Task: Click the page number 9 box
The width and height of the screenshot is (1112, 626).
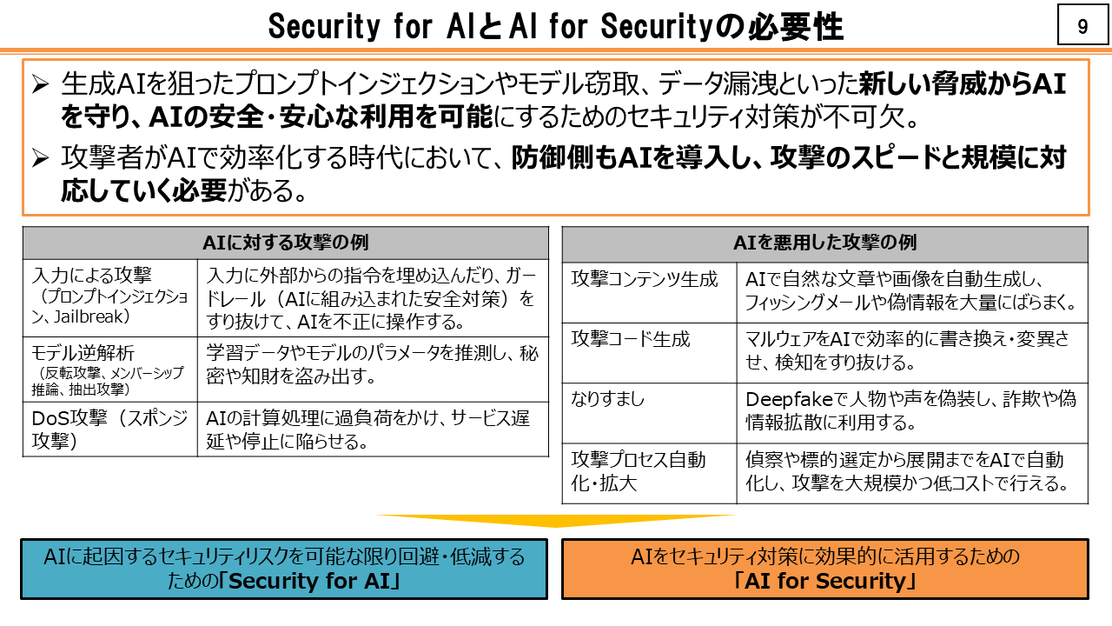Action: (1082, 27)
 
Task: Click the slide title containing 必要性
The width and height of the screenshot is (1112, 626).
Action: (555, 27)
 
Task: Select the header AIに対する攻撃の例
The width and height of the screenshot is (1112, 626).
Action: (285, 243)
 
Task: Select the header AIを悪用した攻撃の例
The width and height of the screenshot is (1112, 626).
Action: (824, 243)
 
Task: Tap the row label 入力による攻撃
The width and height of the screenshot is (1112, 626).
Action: (91, 276)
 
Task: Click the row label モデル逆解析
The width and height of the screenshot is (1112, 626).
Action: (83, 354)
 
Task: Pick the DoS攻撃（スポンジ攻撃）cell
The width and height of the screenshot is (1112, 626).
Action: (109, 429)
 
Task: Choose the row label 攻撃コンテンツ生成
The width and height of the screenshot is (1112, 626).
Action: (645, 280)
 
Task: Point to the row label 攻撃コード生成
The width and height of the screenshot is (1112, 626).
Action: (631, 339)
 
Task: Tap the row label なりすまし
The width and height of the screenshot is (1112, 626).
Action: (608, 400)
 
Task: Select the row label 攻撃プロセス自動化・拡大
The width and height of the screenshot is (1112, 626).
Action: (639, 470)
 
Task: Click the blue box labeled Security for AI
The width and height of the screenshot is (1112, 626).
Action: (284, 569)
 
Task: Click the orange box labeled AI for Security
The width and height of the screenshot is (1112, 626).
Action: (824, 569)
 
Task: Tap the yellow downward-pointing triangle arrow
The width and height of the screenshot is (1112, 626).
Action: (556, 520)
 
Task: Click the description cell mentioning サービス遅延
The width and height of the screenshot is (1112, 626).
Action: (374, 429)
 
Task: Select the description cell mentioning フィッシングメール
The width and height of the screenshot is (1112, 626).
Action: (911, 291)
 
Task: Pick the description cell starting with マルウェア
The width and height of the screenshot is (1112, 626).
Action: (911, 350)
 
